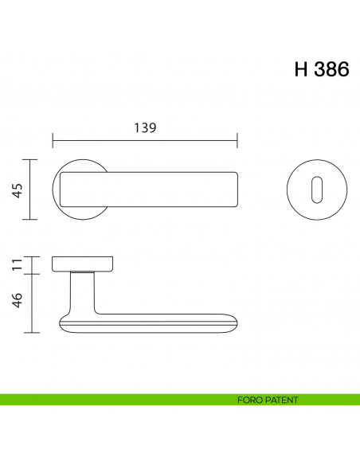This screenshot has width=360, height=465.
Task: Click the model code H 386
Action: (x=321, y=70)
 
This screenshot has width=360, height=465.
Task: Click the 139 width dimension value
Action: (x=144, y=127)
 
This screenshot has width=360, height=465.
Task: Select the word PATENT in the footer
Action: (x=283, y=400)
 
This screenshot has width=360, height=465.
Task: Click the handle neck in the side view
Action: (x=81, y=291)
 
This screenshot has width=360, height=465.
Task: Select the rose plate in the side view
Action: (x=81, y=264)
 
